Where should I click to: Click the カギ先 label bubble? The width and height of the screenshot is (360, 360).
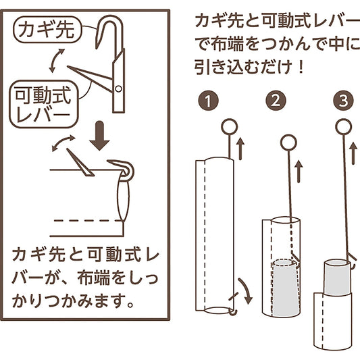click(47, 30)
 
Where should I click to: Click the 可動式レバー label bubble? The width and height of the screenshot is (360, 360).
click(44, 104)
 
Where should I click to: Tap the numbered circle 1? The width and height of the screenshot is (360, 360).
click(208, 101)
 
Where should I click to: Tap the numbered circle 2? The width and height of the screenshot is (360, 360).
click(276, 101)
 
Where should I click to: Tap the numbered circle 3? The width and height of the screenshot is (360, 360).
click(344, 101)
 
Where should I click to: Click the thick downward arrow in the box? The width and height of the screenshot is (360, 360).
click(99, 136)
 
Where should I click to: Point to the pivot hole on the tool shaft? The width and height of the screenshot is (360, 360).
click(118, 88)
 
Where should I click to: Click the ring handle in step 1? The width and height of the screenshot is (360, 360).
click(230, 127)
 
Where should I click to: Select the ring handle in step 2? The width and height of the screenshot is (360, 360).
click(288, 143)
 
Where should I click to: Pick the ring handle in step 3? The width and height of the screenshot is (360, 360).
click(344, 127)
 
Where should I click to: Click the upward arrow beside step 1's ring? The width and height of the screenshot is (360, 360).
click(240, 149)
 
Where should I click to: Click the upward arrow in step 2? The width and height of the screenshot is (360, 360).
click(299, 172)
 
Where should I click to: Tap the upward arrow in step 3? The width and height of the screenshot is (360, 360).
click(353, 153)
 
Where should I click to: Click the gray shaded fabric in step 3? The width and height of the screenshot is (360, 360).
click(338, 278)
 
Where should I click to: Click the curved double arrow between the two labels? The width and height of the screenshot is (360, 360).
click(56, 60)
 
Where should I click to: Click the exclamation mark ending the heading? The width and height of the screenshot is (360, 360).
click(301, 68)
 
